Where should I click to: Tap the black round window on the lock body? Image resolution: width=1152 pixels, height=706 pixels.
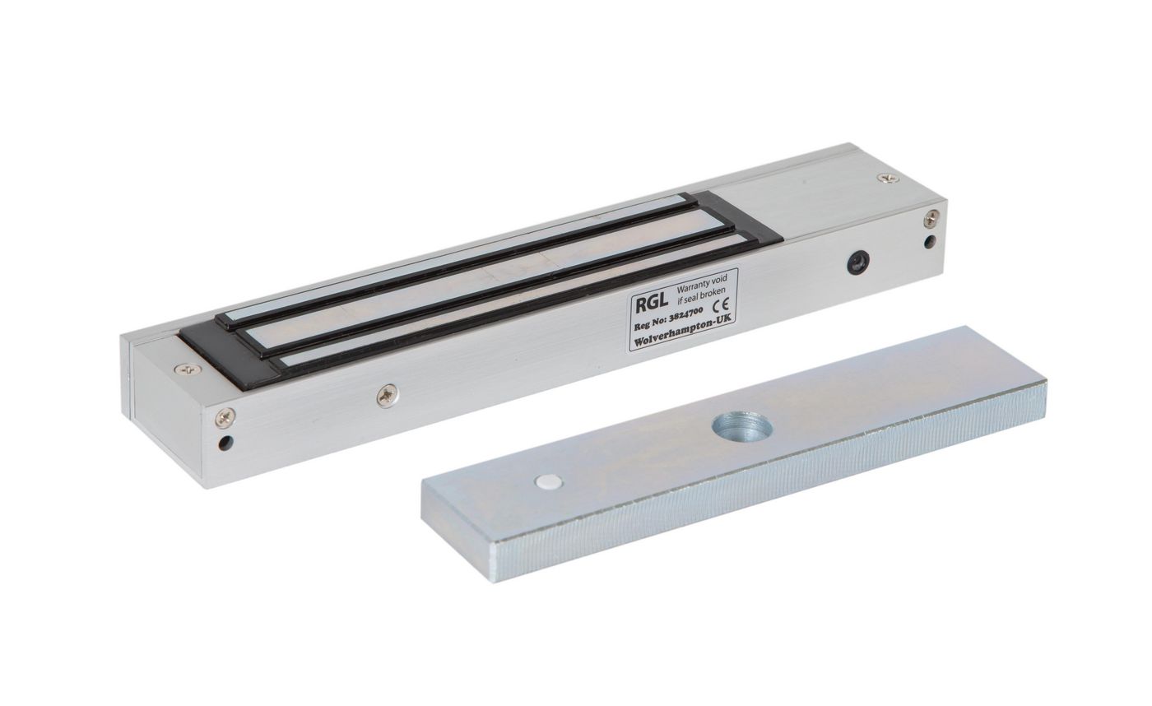pyautogui.click(x=859, y=262)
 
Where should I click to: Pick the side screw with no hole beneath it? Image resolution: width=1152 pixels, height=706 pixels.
pyautogui.click(x=387, y=396)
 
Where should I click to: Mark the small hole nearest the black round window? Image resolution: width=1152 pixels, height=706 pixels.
pyautogui.click(x=930, y=242)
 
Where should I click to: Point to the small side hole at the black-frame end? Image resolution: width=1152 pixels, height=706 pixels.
pyautogui.click(x=225, y=444)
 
